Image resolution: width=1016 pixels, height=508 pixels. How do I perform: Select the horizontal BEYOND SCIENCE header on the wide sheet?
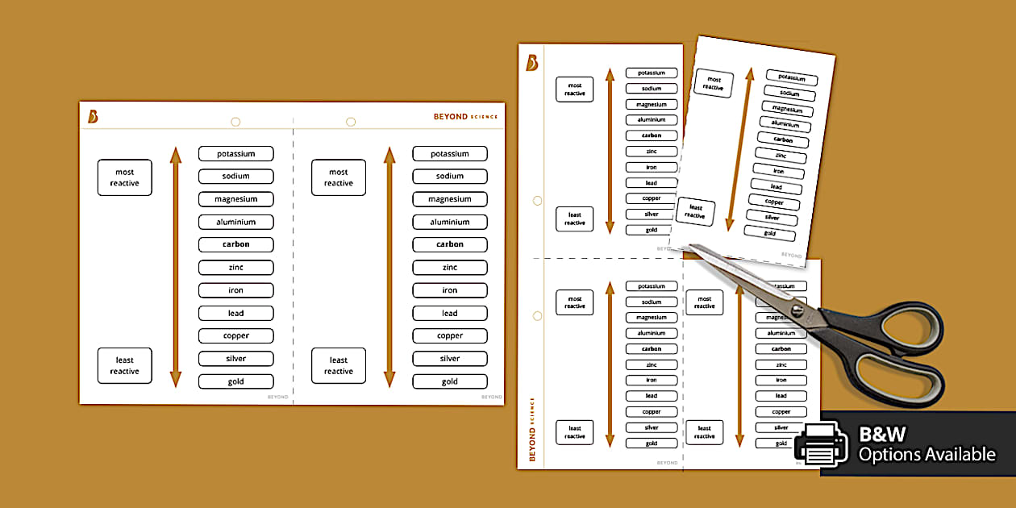click(x=465, y=117)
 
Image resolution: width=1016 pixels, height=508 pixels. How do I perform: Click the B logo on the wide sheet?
click(x=94, y=117)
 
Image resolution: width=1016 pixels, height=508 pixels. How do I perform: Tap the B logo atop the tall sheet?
click(x=532, y=63)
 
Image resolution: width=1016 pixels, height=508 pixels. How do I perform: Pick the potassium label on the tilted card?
click(x=792, y=78)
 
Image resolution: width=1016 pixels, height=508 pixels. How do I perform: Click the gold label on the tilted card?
click(x=770, y=233)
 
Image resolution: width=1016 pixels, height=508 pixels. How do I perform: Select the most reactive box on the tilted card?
click(x=714, y=83)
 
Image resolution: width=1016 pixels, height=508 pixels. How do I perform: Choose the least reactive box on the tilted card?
click(x=695, y=212)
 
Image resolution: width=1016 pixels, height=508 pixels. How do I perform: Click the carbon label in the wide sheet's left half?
click(x=236, y=244)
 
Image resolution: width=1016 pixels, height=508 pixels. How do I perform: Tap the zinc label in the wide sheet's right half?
click(x=450, y=268)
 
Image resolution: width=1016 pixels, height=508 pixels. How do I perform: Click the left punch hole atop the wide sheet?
click(x=235, y=122)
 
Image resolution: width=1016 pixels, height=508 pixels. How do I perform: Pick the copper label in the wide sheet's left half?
click(x=236, y=335)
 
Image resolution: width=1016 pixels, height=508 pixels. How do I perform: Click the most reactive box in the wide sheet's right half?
click(x=339, y=177)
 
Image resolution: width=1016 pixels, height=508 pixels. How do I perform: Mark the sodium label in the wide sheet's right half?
click(x=450, y=177)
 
